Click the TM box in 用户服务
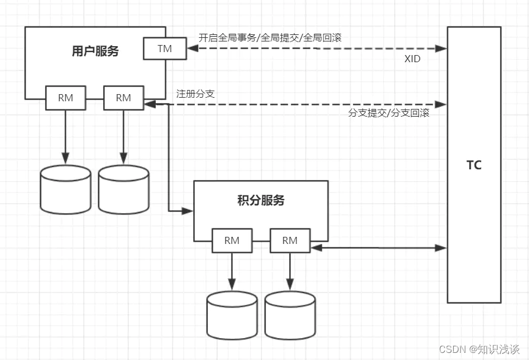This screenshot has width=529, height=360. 165,49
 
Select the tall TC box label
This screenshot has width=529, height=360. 474,165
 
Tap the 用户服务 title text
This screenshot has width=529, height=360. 95,52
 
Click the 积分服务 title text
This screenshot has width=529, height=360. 261,201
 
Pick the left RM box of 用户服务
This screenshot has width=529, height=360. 66,98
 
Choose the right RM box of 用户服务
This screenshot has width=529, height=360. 123,98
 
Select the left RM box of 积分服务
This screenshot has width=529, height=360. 232,240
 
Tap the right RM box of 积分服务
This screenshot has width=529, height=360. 290,240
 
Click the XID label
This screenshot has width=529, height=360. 412,59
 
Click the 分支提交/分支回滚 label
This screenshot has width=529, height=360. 389,113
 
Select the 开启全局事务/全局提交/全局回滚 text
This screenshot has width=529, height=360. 270,37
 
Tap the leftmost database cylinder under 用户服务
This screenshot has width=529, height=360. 66,189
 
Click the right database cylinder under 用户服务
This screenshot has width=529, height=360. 124,189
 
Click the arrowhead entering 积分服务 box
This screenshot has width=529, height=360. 189,210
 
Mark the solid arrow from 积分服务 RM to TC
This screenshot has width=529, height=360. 379,248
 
